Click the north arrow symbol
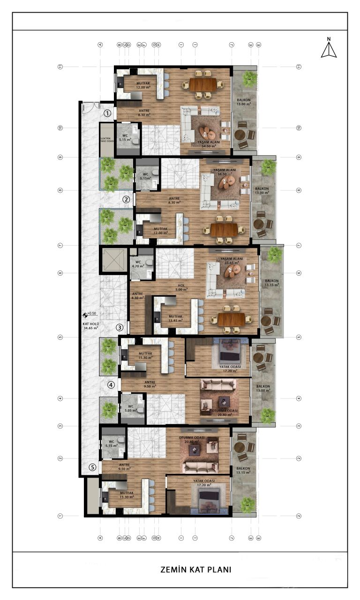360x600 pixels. [329, 48]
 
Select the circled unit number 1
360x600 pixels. [107, 113]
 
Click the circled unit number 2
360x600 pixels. [126, 199]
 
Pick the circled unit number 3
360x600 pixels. [120, 328]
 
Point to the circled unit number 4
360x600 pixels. [111, 385]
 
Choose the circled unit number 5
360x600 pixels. [93, 467]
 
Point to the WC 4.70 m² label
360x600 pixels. [138, 264]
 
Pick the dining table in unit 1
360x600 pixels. [202, 84]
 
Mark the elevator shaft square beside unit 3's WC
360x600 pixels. [113, 261]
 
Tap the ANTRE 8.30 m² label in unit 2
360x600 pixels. [174, 200]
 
